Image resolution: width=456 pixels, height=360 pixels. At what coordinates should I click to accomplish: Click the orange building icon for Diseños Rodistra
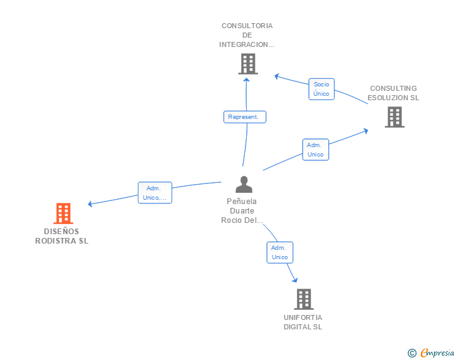tap(63, 213)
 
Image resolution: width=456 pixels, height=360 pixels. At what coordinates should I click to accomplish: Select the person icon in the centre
tap(244, 184)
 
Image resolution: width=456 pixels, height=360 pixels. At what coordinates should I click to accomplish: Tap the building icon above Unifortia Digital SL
tap(303, 299)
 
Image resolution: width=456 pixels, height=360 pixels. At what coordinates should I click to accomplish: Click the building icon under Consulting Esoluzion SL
tap(394, 117)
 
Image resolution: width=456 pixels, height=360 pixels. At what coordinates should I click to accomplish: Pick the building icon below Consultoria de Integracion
tap(248, 64)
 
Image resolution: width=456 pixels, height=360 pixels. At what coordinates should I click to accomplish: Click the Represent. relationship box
tap(245, 117)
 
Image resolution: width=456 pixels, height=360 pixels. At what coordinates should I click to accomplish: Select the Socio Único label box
tap(321, 89)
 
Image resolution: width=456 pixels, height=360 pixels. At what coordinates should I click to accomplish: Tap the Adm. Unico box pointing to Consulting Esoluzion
tap(316, 150)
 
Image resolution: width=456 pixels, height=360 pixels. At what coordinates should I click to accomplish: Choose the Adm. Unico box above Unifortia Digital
tap(279, 252)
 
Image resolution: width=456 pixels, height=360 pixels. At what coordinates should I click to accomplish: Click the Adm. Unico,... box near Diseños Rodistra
tap(154, 193)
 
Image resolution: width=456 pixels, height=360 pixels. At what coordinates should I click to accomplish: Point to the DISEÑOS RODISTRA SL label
tap(62, 236)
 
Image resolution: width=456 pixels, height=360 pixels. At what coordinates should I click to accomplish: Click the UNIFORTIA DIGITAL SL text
tap(303, 322)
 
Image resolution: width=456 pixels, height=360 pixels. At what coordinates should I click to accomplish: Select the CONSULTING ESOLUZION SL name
tap(393, 93)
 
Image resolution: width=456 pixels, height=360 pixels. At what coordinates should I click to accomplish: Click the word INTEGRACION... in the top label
tap(247, 44)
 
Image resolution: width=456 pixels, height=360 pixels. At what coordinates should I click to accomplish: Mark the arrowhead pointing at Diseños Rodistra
tap(90, 203)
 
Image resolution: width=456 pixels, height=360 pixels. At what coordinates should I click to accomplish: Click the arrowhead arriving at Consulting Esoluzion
tap(365, 131)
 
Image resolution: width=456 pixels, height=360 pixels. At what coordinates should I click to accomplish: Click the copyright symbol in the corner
tap(412, 353)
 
